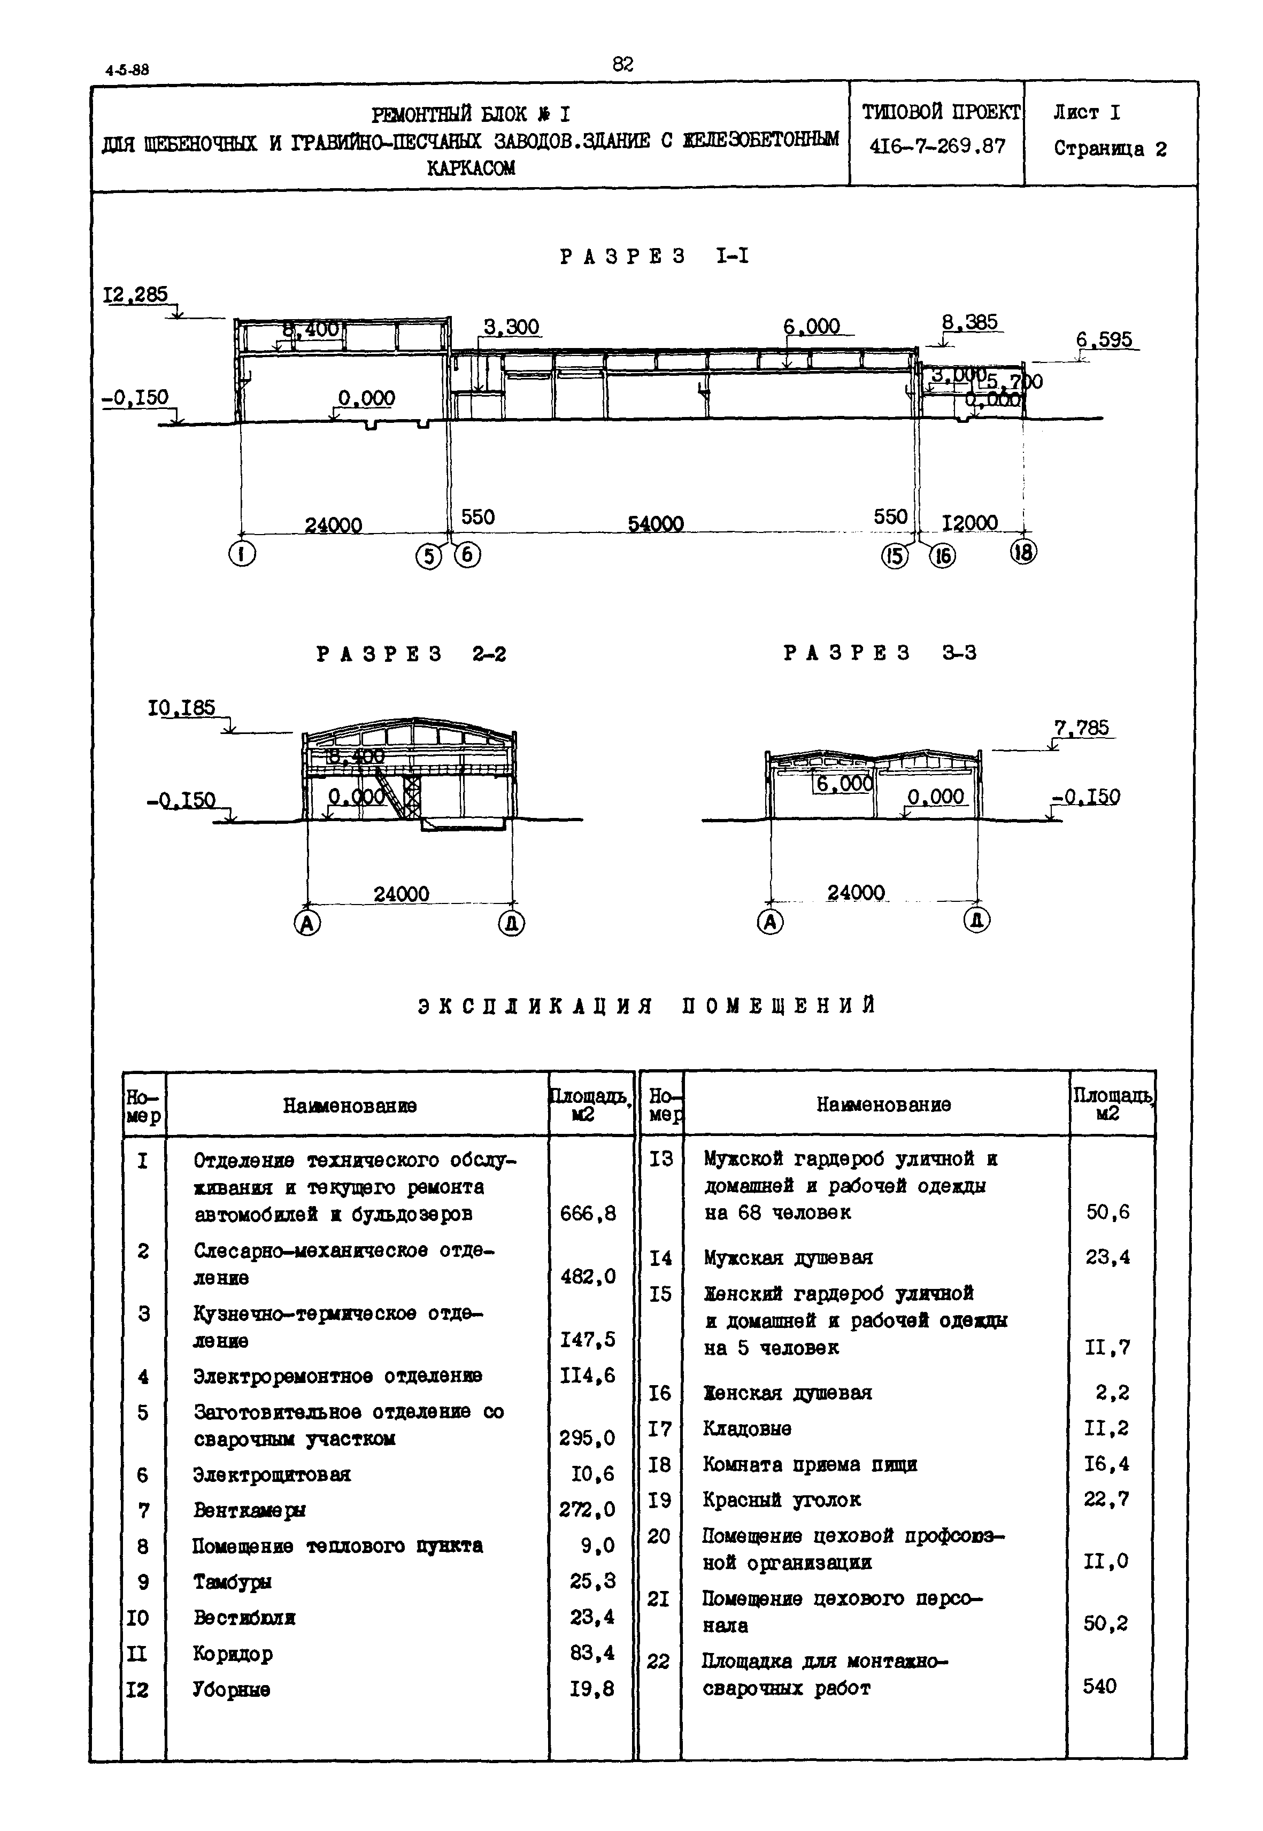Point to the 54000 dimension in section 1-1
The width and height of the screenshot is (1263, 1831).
(x=655, y=524)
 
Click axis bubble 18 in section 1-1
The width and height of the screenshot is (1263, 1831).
(x=1023, y=552)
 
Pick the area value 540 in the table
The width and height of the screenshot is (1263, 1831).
(x=1100, y=1686)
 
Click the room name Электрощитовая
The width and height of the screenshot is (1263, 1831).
(x=272, y=1474)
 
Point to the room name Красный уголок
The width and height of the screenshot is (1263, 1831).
(x=782, y=1500)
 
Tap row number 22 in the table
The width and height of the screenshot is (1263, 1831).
(x=658, y=1661)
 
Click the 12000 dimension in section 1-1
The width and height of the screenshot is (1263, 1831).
(x=970, y=523)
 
